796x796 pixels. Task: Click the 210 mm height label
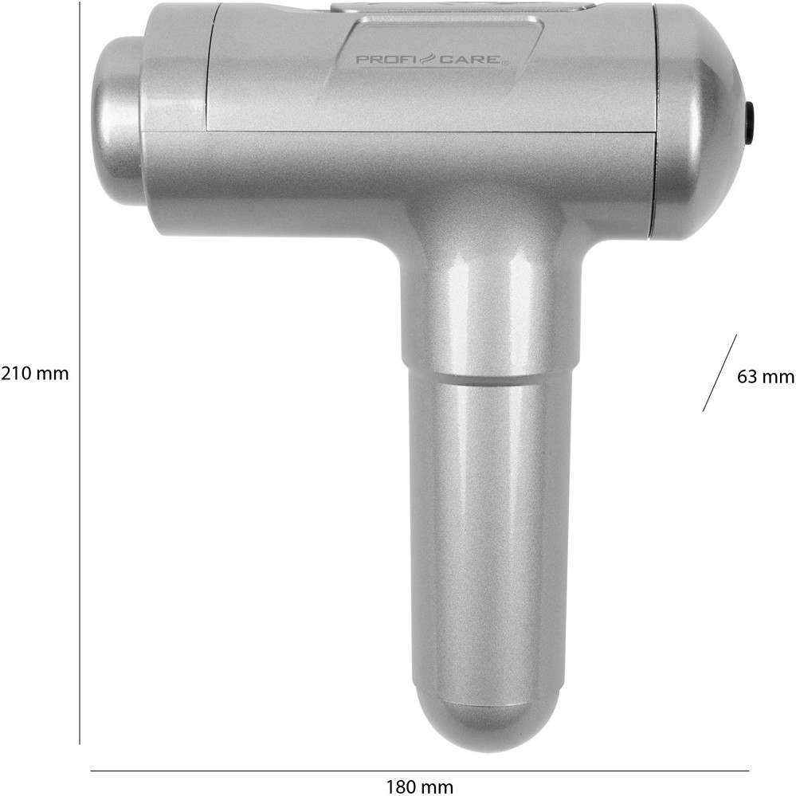34,374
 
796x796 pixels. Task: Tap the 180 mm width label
419,787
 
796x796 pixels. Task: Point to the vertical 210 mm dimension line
80,374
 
